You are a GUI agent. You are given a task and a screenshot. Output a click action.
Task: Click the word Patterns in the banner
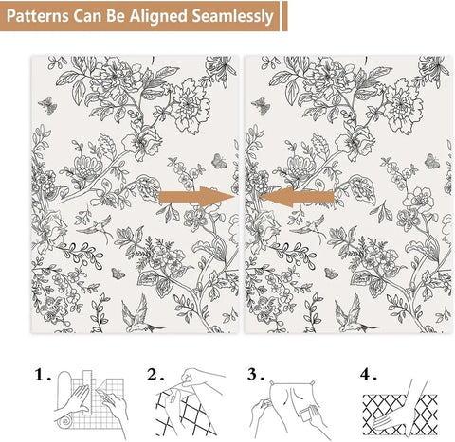37,16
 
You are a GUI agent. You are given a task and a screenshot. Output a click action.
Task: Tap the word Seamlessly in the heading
232,16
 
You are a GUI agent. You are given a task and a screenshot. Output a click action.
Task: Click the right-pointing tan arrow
196,197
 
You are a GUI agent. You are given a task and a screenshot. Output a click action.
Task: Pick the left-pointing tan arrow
297,197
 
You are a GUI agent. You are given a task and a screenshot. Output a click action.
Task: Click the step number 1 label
43,375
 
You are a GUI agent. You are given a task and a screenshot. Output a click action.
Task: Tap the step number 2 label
155,375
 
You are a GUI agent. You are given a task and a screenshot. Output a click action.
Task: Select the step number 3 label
256,375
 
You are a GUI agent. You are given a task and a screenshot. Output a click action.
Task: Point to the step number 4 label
368,375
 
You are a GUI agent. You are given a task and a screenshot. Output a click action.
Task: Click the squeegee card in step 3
305,415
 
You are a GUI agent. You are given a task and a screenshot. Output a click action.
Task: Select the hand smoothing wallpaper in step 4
391,419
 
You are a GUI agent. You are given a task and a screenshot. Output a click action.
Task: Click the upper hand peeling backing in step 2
202,378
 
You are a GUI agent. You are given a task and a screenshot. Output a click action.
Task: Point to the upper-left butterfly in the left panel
48,105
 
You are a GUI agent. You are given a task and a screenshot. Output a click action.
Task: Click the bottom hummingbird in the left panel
139,315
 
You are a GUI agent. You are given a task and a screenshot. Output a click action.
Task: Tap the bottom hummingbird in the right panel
353,315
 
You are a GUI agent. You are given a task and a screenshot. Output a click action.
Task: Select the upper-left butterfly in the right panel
261,105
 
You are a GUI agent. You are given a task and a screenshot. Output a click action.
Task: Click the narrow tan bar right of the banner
284,16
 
